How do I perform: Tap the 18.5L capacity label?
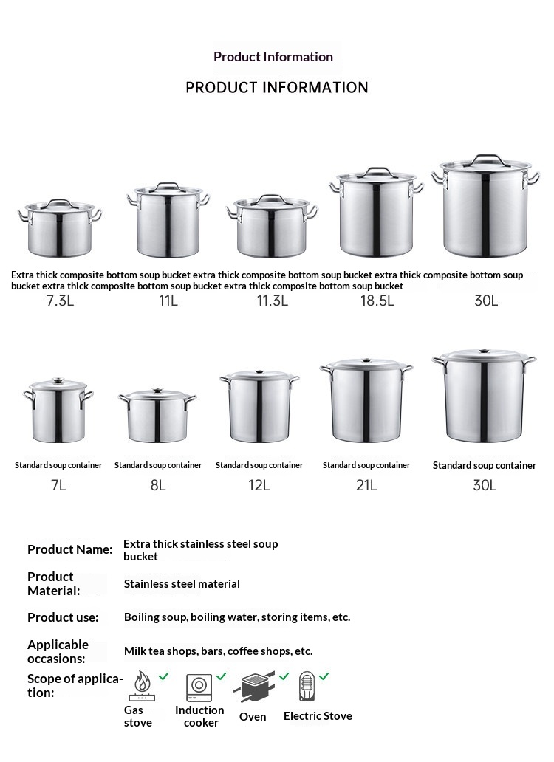point(377,301)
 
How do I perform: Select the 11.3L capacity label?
point(272,301)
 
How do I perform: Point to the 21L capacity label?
point(366,485)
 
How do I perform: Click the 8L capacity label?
point(157,485)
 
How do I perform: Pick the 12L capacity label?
point(259,485)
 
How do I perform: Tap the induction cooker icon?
point(199,686)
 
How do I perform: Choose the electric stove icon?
point(307,686)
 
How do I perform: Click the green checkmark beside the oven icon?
point(283,676)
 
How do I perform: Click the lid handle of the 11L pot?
point(168,185)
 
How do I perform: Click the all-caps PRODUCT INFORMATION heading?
point(277,88)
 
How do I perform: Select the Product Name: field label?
point(70,549)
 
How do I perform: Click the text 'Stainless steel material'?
point(182,584)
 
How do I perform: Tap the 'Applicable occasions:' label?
point(58,651)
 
